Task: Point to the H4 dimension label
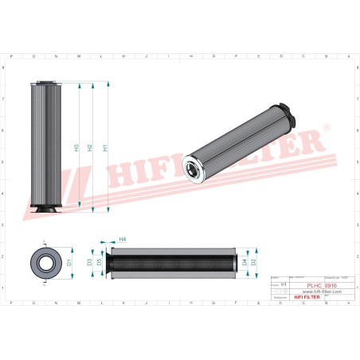click(x=122, y=239)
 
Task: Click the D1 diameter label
click(x=69, y=261)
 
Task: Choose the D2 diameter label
click(x=254, y=261)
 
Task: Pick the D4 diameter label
click(x=244, y=261)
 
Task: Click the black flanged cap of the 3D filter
click(x=288, y=117)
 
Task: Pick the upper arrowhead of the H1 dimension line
click(x=106, y=83)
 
